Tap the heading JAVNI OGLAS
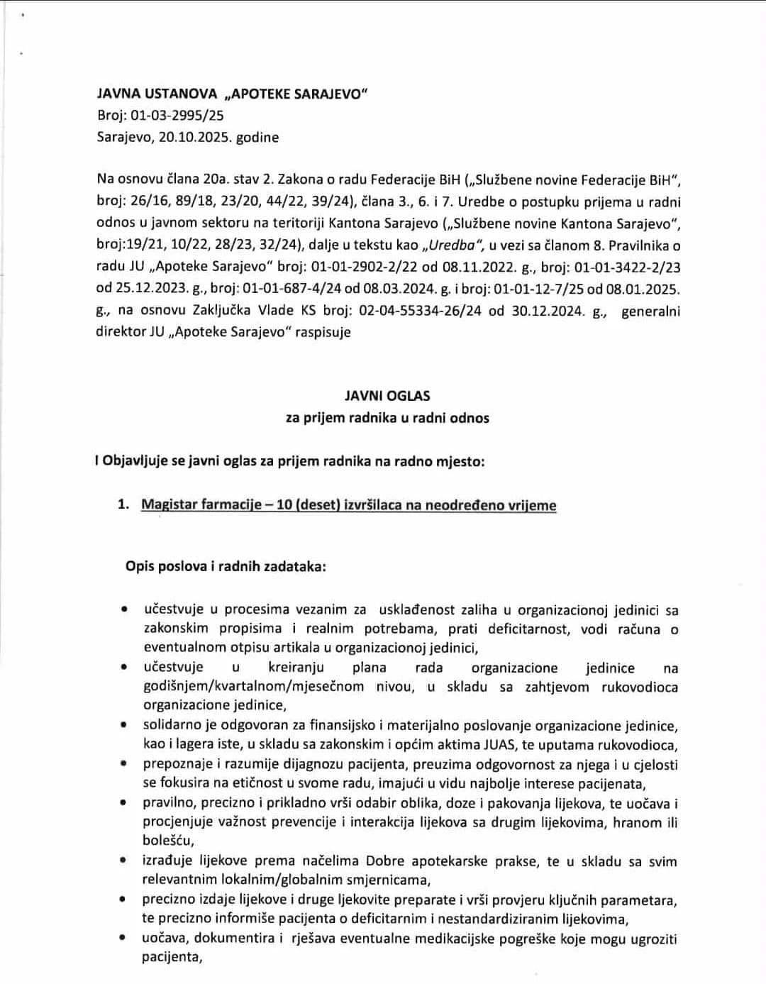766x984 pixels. pos(387,396)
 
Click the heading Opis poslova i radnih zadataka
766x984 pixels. pos(226,567)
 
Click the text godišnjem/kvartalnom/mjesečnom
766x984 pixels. pos(254,687)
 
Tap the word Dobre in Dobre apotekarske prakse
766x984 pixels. pos(385,862)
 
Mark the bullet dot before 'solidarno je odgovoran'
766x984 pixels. pos(125,726)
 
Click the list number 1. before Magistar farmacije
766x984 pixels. pos(123,506)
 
